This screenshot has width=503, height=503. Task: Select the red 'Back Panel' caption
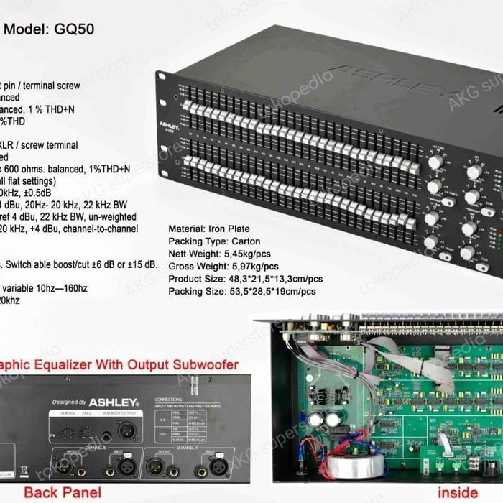[63, 493]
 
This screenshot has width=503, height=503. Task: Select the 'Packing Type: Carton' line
[214, 241]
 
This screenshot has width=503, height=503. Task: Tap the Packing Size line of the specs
[242, 292]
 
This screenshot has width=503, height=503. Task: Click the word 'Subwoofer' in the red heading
[203, 365]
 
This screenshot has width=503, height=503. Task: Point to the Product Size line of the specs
[246, 279]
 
